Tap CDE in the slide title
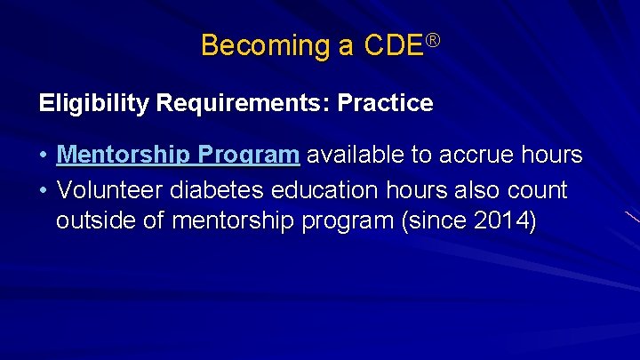click(394, 45)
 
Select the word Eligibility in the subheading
click(94, 104)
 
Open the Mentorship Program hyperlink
click(178, 156)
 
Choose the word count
click(536, 190)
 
